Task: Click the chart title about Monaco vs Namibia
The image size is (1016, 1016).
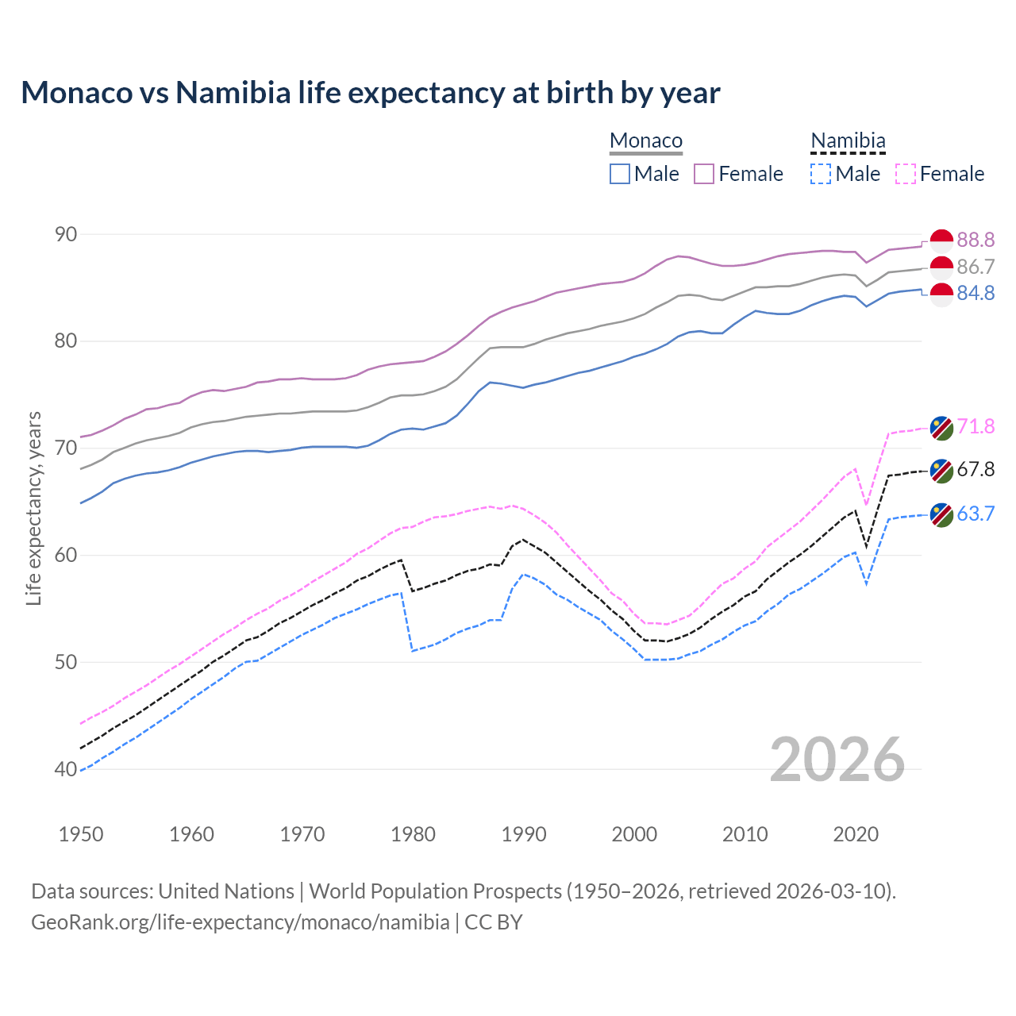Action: pyautogui.click(x=370, y=93)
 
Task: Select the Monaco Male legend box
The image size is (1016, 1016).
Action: pyautogui.click(x=620, y=174)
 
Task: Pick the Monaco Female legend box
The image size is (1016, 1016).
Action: pyautogui.click(x=704, y=174)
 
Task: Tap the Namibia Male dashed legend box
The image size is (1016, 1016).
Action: pyautogui.click(x=821, y=174)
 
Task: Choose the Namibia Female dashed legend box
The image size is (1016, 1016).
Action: pyautogui.click(x=906, y=174)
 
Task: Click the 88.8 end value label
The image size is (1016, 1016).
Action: pyautogui.click(x=976, y=240)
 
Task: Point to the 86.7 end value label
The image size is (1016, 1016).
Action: pyautogui.click(x=976, y=267)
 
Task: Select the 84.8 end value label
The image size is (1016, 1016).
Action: pyautogui.click(x=976, y=294)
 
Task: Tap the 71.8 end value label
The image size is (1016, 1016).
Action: pyautogui.click(x=976, y=427)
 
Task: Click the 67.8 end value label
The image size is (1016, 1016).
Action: pyautogui.click(x=976, y=470)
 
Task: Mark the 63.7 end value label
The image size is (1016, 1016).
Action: pyautogui.click(x=976, y=514)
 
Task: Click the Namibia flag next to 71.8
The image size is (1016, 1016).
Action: pyautogui.click(x=941, y=428)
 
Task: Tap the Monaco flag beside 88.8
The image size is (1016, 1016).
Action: pyautogui.click(x=941, y=240)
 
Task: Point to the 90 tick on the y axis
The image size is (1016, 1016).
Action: pyautogui.click(x=67, y=234)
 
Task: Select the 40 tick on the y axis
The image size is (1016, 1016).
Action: pyautogui.click(x=67, y=769)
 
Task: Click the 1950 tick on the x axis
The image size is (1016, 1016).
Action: pyautogui.click(x=81, y=834)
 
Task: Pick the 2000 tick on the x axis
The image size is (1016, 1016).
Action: pyautogui.click(x=634, y=834)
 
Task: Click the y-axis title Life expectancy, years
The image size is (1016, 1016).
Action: pyautogui.click(x=34, y=508)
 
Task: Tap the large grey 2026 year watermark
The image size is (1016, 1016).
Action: pyautogui.click(x=837, y=760)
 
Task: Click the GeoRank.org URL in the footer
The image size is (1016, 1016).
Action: pyautogui.click(x=240, y=922)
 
